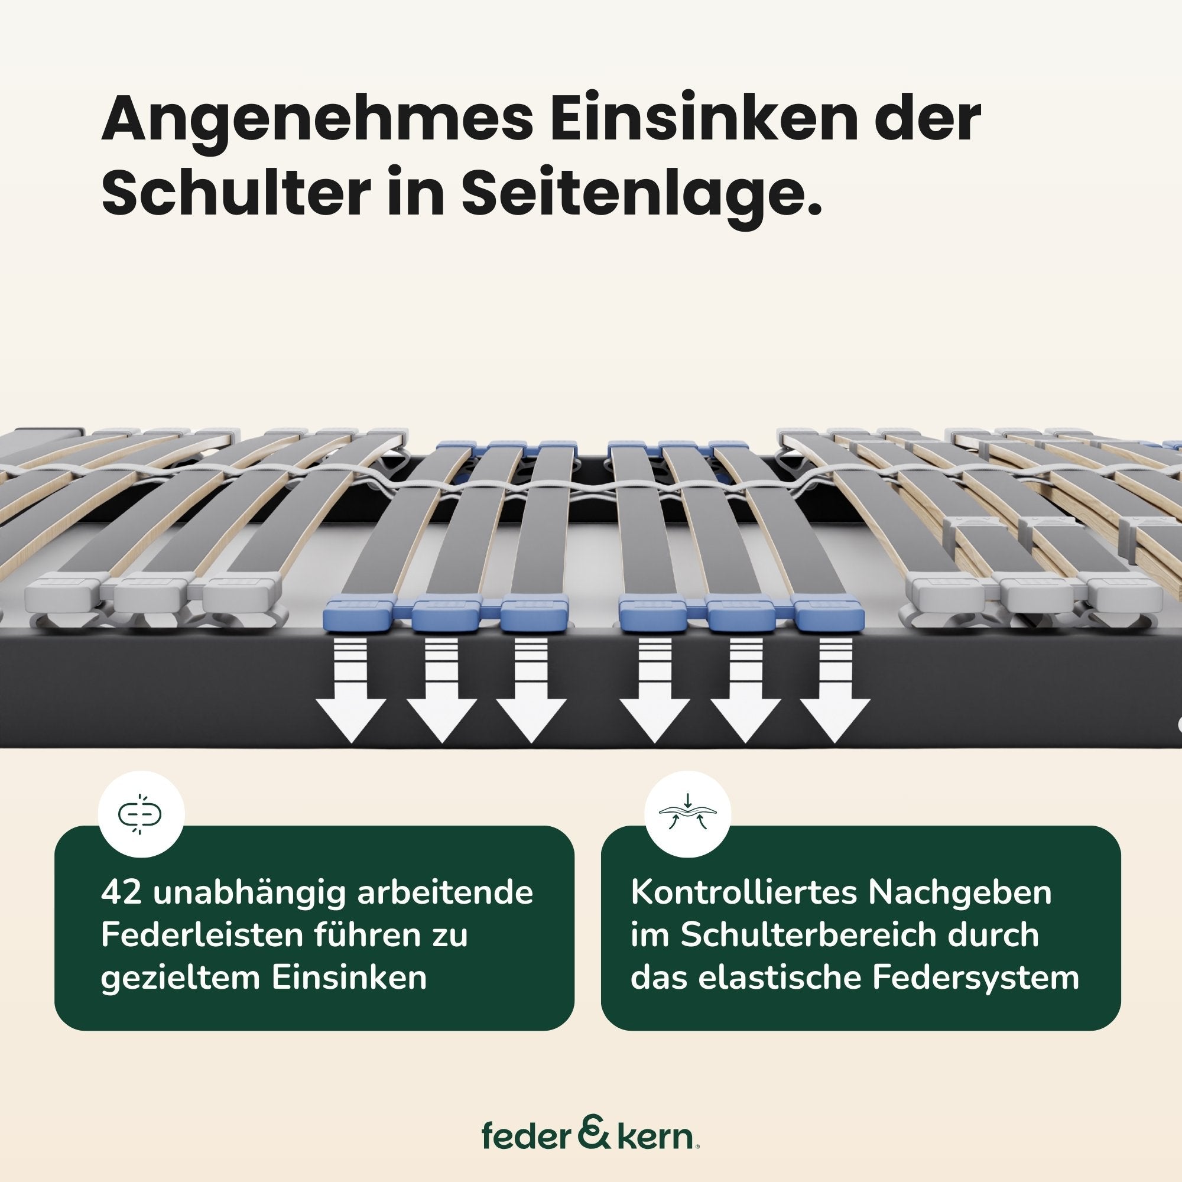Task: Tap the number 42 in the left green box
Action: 122,892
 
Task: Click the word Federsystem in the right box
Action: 975,979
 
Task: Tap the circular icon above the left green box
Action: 141,814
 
